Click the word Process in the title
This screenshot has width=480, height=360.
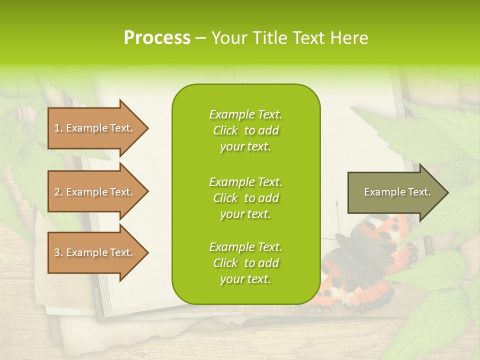157,38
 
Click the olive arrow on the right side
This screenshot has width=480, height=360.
395,192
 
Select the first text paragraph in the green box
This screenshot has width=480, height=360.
245,130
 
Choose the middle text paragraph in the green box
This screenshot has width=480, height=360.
245,198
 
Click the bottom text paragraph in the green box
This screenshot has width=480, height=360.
245,263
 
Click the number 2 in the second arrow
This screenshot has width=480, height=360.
57,192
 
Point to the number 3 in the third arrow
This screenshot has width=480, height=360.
57,252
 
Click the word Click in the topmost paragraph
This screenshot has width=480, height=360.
225,130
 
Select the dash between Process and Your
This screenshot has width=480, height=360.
200,38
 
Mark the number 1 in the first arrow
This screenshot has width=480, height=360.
57,128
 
